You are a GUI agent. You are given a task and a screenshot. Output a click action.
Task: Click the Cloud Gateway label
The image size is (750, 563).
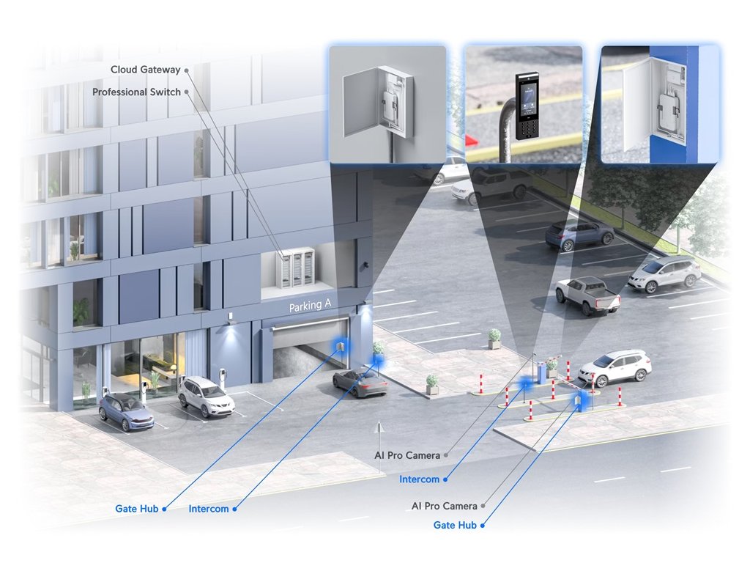pos(145,70)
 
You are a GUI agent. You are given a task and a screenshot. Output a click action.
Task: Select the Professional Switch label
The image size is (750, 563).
pos(136,92)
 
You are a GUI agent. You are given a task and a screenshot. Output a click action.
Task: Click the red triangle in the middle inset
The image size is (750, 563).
pos(471,140)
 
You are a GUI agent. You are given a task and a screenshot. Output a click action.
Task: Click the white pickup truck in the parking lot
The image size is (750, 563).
pos(587,293)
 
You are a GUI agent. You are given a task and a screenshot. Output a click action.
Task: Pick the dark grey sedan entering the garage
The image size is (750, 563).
pos(360,382)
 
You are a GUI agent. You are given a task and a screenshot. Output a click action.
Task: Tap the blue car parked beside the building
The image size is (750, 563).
pos(126,411)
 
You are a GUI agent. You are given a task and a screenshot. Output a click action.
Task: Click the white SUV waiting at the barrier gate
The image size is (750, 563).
pos(615,366)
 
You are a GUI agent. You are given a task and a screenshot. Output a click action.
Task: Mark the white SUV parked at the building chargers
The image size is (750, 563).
pos(206,395)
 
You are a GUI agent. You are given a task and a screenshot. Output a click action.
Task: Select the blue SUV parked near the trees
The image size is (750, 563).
pos(579,233)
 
